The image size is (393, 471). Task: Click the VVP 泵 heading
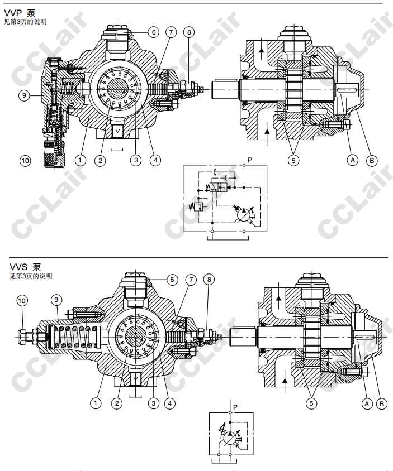tap(20, 13)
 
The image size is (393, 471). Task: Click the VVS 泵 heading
tap(25, 267)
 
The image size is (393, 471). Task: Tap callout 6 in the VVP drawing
tap(154, 32)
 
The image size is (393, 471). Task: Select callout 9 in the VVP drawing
tap(24, 95)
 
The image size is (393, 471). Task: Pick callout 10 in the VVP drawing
tap(25, 161)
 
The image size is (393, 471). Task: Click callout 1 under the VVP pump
tap(80, 160)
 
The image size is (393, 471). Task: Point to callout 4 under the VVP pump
tap(155, 160)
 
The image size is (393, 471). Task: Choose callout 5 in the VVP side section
tap(293, 160)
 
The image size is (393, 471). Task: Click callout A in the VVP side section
tap(353, 160)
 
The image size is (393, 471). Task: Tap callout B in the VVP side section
tap(372, 160)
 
